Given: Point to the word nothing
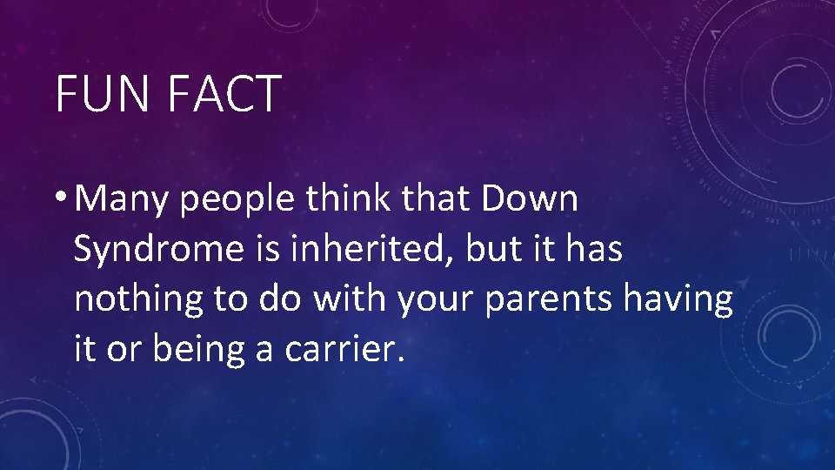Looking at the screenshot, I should pos(137,299).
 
